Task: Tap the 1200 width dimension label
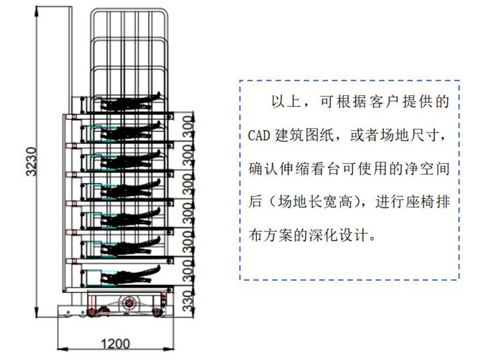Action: (115, 344)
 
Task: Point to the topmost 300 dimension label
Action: (187, 126)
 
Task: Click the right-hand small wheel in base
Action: (157, 312)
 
